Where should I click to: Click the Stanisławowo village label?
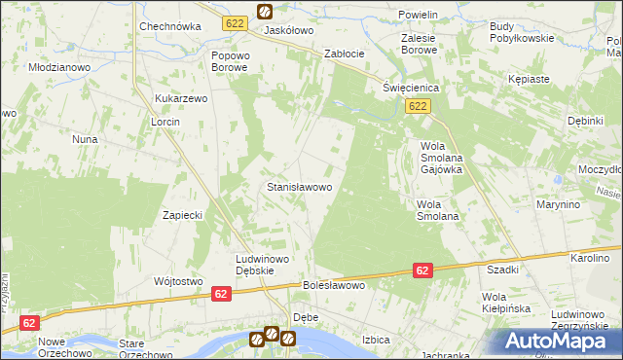click(x=300, y=186)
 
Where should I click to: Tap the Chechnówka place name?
click(x=169, y=27)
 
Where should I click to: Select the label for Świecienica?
click(x=411, y=88)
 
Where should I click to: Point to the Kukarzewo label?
click(x=182, y=99)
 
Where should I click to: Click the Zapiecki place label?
click(x=182, y=215)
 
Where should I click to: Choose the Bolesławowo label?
click(x=334, y=286)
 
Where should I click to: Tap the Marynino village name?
click(x=558, y=205)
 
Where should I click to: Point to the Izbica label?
click(x=376, y=340)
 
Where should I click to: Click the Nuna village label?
click(x=85, y=139)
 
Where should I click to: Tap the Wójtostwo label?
click(x=177, y=281)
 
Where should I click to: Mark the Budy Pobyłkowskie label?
click(x=522, y=31)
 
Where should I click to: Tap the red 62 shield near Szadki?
click(x=422, y=270)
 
